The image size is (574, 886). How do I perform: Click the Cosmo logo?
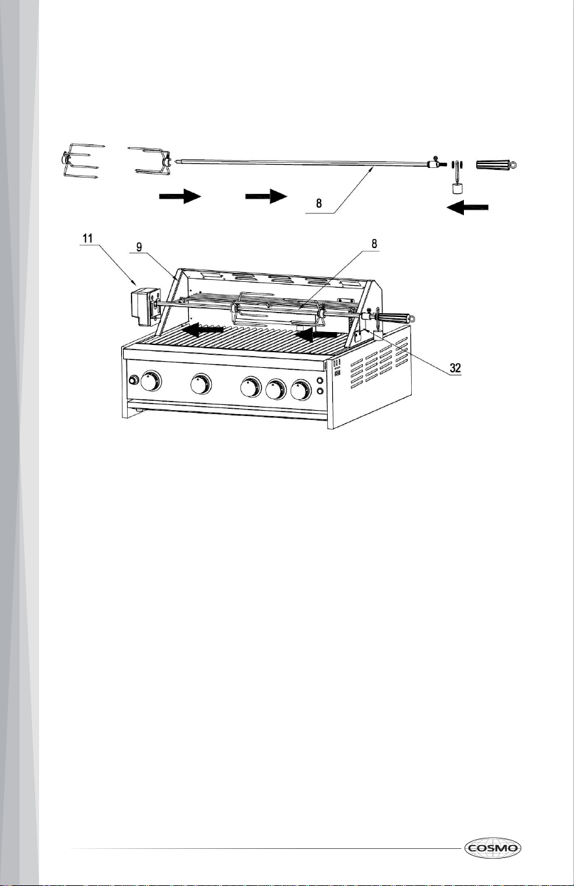[493, 848]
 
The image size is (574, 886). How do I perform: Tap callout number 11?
[87, 238]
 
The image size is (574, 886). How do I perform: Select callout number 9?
[139, 247]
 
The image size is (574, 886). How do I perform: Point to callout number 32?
[455, 368]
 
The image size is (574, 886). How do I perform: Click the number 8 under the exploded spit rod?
[319, 203]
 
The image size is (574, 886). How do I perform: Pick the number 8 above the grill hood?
[374, 243]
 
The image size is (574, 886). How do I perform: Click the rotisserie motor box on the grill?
[145, 307]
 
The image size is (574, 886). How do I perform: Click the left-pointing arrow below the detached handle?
[468, 207]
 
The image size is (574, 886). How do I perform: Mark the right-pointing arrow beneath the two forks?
[180, 196]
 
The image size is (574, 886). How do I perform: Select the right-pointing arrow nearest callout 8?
[266, 196]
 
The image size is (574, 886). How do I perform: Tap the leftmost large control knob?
[151, 381]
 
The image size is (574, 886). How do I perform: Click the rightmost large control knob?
[301, 390]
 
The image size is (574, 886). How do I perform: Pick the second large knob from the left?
[201, 384]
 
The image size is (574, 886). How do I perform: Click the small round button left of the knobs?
[134, 380]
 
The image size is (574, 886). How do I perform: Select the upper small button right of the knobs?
[320, 381]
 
